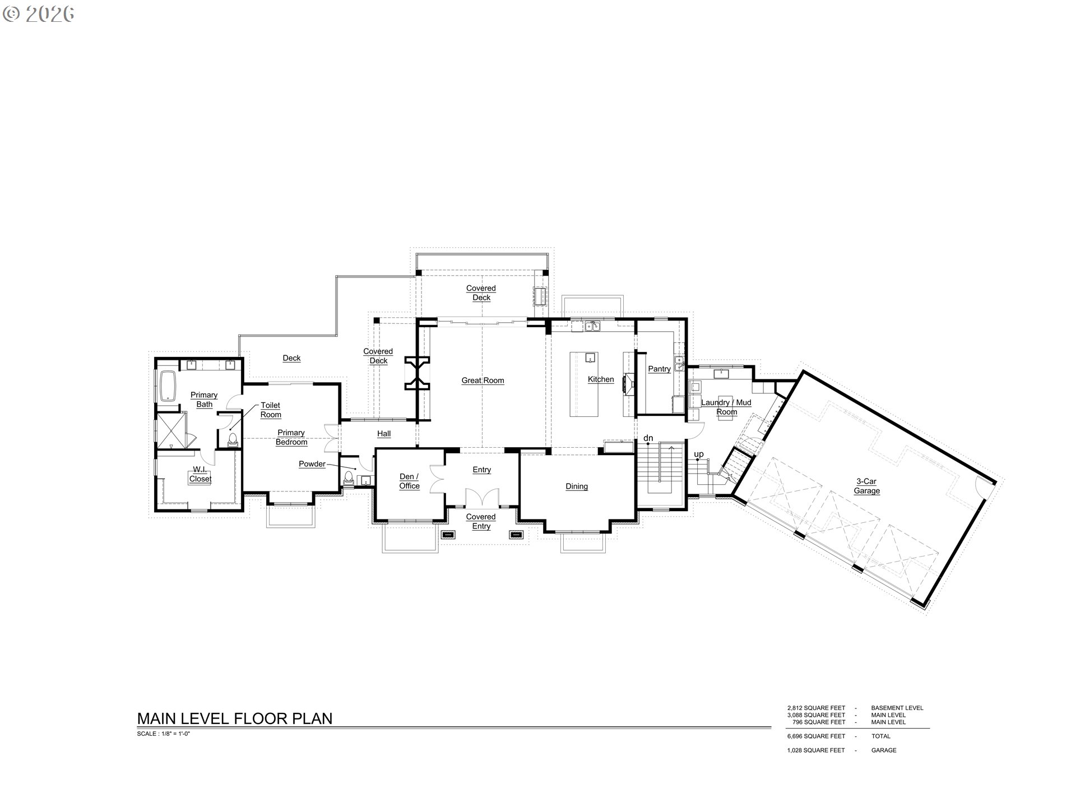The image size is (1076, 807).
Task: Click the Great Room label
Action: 483,381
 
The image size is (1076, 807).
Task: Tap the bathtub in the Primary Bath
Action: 168,386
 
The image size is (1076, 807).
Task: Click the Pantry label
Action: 659,369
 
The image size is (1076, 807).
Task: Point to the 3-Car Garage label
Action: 866,486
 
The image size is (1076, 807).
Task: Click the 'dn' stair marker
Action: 648,438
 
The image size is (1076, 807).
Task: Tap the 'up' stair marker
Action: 698,454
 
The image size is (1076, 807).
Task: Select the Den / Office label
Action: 409,481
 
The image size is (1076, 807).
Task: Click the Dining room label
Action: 576,486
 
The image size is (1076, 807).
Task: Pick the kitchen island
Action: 584,384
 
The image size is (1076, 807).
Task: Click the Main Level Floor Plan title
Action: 235,718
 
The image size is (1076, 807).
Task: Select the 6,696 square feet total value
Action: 816,736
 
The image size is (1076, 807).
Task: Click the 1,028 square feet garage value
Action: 815,750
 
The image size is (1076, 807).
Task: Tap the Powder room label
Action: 312,464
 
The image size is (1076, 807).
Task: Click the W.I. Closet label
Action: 200,474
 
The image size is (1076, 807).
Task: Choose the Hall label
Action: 384,434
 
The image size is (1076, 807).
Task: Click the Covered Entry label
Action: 481,521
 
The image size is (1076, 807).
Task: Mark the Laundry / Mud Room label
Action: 726,407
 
